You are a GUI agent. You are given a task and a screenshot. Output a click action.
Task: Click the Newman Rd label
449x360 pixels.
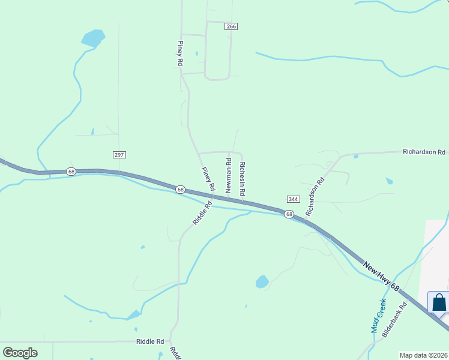229,175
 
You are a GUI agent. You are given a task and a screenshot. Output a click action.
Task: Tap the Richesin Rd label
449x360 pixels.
243,179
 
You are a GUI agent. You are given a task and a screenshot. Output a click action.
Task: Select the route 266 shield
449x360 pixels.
232,26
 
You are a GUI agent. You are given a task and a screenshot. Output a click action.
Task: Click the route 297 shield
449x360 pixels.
119,155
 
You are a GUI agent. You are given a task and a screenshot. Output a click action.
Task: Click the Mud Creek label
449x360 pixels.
378,316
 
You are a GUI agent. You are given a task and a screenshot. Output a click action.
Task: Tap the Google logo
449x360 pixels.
20,353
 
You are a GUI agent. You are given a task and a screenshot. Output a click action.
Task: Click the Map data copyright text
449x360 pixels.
424,355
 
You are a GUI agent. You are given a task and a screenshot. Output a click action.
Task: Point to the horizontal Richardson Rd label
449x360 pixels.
424,152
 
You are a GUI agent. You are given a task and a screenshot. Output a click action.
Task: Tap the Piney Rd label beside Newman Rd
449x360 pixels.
208,179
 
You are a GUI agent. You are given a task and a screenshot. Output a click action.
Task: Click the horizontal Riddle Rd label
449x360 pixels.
150,341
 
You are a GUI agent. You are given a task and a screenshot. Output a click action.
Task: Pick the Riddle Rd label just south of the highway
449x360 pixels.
202,213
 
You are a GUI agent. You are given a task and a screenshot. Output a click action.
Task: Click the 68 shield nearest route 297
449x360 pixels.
71,172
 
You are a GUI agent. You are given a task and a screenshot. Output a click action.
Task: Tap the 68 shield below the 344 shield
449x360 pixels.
289,214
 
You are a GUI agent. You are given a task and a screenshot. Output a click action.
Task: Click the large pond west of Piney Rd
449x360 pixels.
92,38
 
